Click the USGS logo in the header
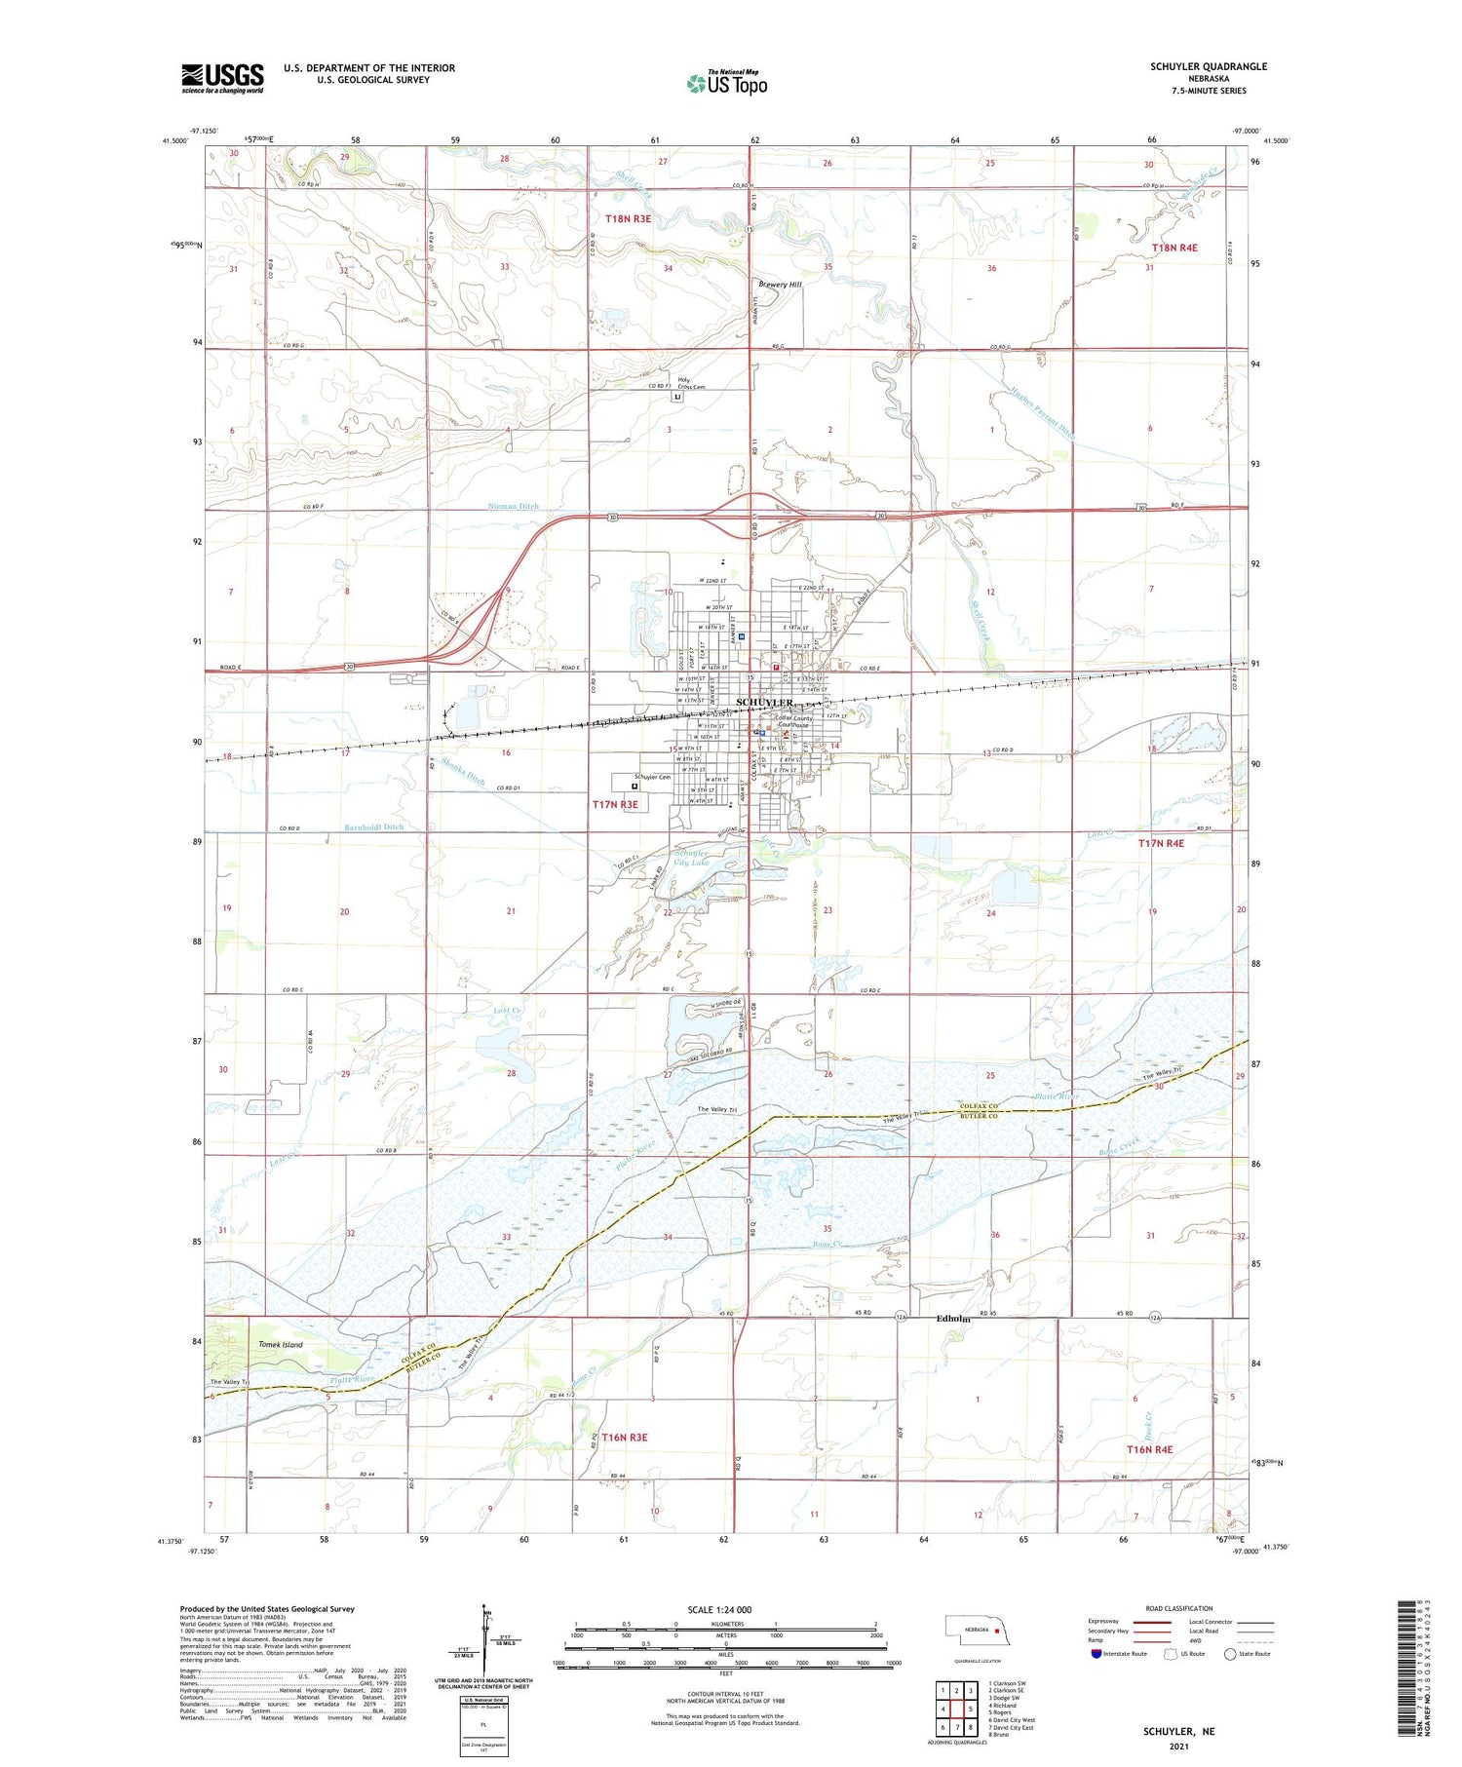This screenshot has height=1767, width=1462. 222,78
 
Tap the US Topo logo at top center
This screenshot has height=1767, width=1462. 727,84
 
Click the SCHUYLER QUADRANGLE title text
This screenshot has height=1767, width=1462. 1208,66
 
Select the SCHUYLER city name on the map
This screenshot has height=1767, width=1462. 764,703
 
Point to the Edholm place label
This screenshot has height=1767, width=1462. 953,1320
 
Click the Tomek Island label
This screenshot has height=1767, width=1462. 281,1345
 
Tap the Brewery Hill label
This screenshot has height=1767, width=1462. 780,285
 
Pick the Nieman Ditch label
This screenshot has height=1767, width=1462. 513,507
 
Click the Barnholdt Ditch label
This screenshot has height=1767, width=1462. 373,827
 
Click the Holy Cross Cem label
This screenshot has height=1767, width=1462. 691,383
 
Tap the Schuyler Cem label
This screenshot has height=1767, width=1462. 652,778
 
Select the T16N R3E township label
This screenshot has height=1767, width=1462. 625,1438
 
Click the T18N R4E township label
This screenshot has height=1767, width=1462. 1174,249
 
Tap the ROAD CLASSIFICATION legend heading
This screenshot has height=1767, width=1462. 1179,1608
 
